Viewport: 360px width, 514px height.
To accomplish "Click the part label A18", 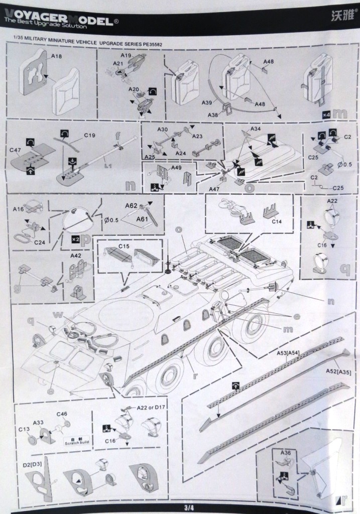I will click(56, 57).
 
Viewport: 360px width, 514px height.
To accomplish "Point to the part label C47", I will click(16, 150).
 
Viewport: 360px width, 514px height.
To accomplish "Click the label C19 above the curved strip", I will click(90, 135).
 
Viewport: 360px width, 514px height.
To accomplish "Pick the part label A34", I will click(256, 129).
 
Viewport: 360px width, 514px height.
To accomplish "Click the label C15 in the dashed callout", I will click(125, 246).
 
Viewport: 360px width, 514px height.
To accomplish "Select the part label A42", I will click(76, 255).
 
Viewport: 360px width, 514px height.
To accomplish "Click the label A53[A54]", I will click(288, 353).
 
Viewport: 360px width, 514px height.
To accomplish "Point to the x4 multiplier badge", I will click(326, 114).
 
